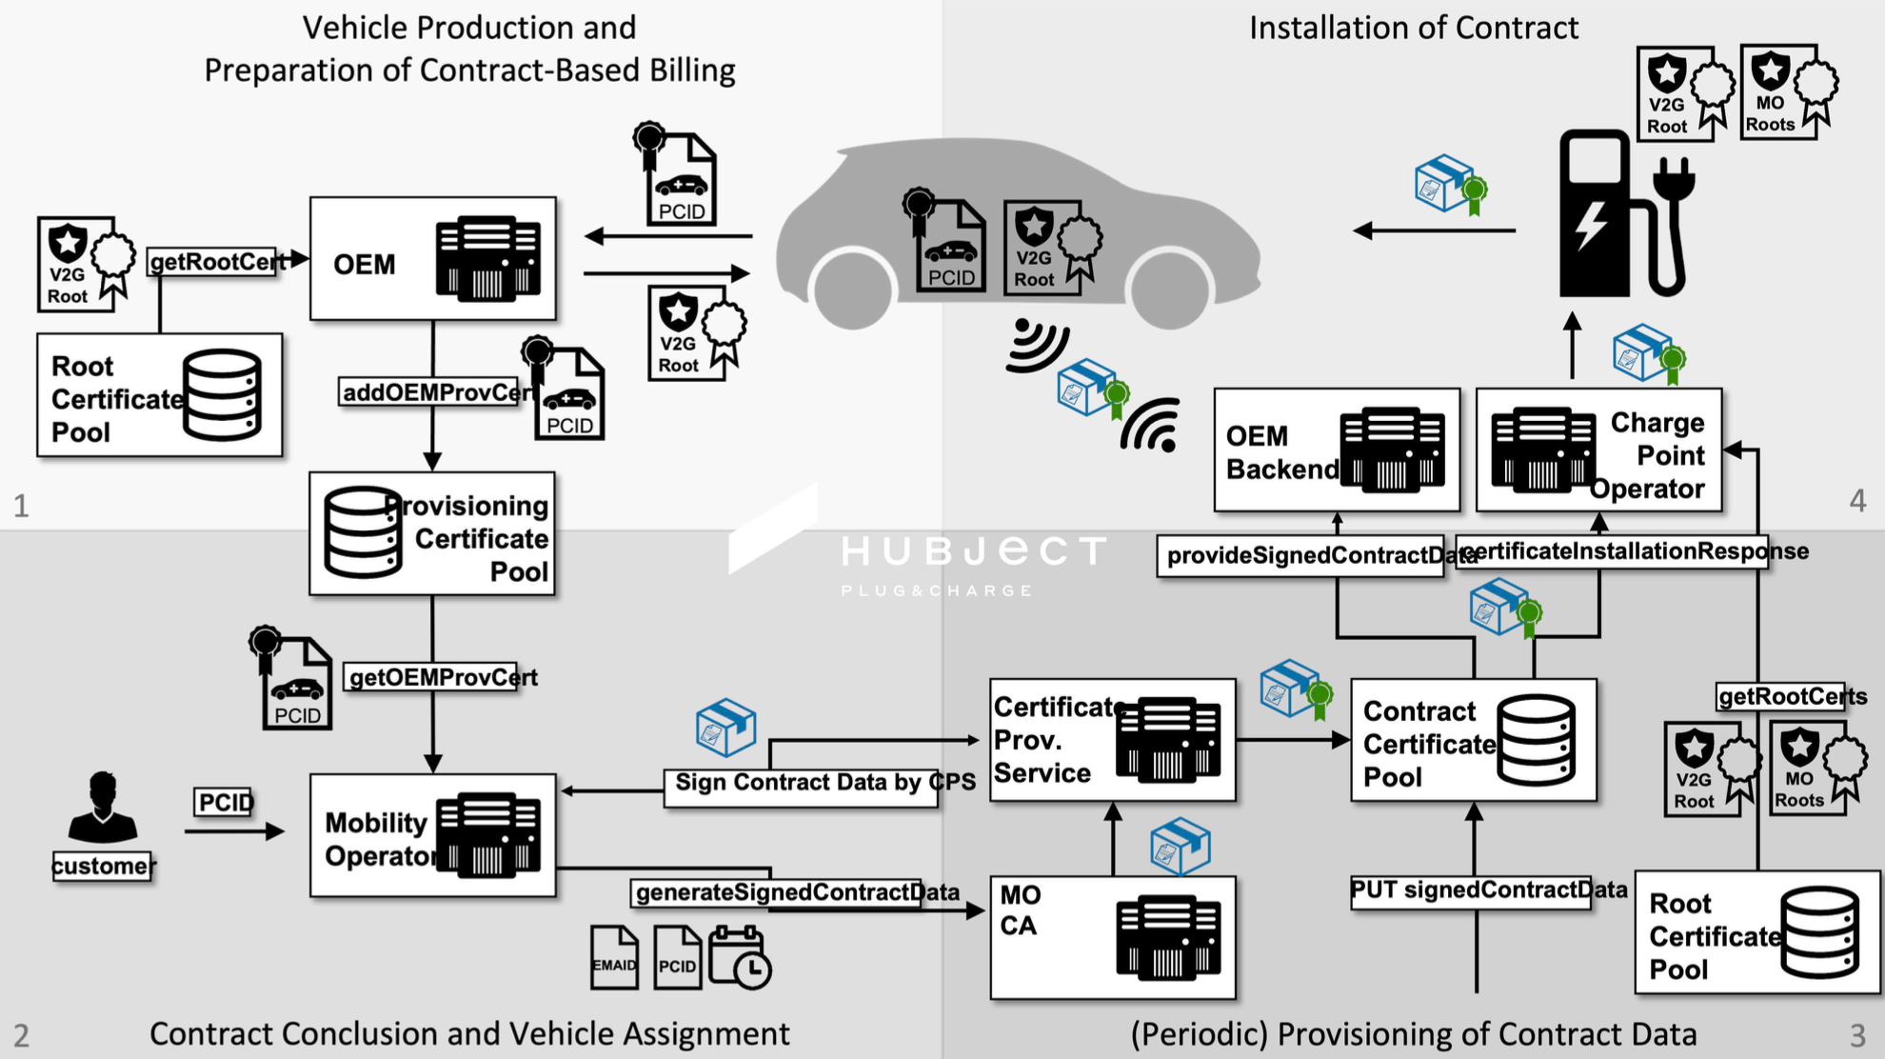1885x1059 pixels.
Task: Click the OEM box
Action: [x=432, y=259]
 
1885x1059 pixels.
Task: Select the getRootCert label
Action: [x=217, y=261]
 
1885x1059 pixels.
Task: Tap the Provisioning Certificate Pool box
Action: [x=432, y=534]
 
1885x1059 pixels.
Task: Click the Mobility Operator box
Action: [x=432, y=836]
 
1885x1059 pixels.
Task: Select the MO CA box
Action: [x=1112, y=937]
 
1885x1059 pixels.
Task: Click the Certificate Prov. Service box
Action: [x=1112, y=740]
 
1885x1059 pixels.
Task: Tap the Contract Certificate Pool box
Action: [x=1473, y=740]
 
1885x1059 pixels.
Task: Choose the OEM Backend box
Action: [x=1337, y=450]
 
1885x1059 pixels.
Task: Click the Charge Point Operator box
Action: [x=1598, y=450]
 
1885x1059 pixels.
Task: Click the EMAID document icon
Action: [x=614, y=958]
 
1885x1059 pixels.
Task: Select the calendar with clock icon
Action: [x=740, y=958]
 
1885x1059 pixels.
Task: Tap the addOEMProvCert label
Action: [x=434, y=392]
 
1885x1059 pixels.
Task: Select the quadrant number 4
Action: [x=1857, y=501]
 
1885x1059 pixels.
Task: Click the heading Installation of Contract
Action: [x=1414, y=29]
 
